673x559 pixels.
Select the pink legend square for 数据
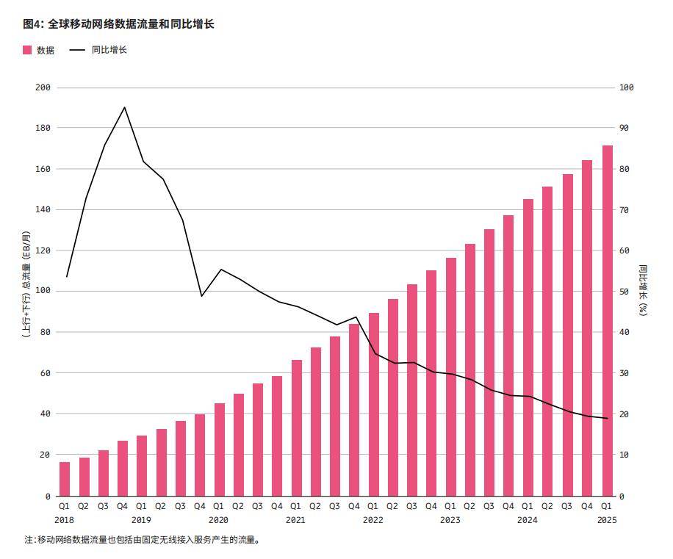pyautogui.click(x=27, y=50)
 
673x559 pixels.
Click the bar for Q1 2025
pyautogui.click(x=608, y=320)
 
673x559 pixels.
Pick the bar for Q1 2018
pyautogui.click(x=65, y=478)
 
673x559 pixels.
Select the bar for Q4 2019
pyautogui.click(x=200, y=455)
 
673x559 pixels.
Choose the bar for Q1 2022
pyautogui.click(x=374, y=404)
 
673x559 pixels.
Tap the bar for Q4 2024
pyautogui.click(x=588, y=328)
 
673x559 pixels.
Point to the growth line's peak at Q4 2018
pyautogui.click(x=124, y=107)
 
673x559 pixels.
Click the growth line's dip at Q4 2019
pyautogui.click(x=201, y=296)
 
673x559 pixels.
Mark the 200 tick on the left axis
pyautogui.click(x=43, y=87)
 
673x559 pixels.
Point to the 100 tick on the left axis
pyautogui.click(x=43, y=292)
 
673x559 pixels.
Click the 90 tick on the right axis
pyautogui.click(x=627, y=129)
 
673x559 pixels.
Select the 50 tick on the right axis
pyautogui.click(x=627, y=292)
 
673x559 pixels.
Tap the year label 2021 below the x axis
pyautogui.click(x=295, y=520)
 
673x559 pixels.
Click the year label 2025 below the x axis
pyautogui.click(x=608, y=520)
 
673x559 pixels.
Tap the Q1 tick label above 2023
pyautogui.click(x=450, y=506)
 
